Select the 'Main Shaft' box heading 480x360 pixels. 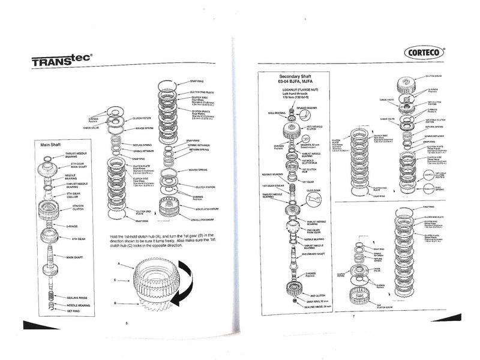[x=53, y=145]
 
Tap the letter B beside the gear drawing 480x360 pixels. [x=122, y=304]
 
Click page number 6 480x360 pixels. [x=127, y=323]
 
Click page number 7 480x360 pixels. [x=354, y=316]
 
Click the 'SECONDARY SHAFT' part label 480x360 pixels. [x=318, y=254]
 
